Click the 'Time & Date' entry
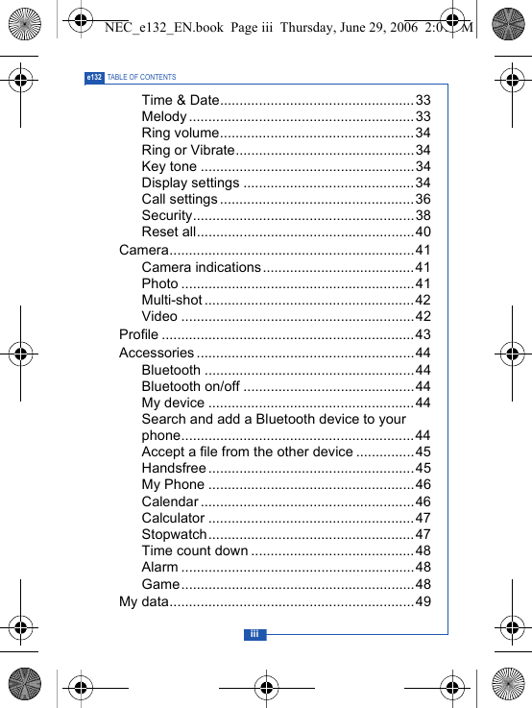click(181, 100)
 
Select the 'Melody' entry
click(164, 116)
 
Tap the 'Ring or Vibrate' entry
click(188, 150)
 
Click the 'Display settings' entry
click(190, 183)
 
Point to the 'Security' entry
click(167, 215)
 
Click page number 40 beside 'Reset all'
click(423, 232)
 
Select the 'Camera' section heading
click(144, 250)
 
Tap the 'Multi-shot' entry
click(172, 300)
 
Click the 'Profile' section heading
click(139, 334)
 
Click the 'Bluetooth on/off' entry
click(190, 386)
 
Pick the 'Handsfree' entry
click(174, 468)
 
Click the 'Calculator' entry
click(173, 518)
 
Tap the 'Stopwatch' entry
click(174, 534)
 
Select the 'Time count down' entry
click(195, 550)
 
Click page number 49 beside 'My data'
click(423, 601)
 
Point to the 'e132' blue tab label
click(94, 77)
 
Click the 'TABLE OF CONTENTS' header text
click(142, 77)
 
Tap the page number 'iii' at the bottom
click(254, 634)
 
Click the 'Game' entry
click(160, 584)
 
